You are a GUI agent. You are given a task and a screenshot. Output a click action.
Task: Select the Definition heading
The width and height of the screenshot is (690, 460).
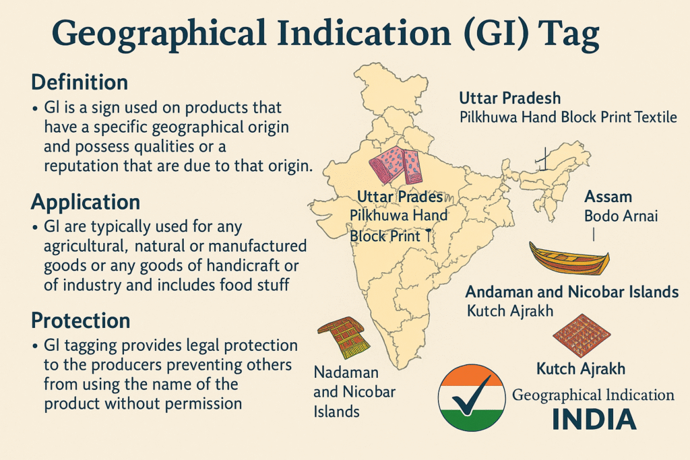[x=80, y=83]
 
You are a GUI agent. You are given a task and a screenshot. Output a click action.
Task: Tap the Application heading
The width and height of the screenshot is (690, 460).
[x=86, y=201]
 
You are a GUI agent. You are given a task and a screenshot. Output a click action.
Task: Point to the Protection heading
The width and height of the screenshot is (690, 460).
[x=81, y=319]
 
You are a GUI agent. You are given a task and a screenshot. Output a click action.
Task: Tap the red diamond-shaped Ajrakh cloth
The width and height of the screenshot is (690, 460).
[x=581, y=334]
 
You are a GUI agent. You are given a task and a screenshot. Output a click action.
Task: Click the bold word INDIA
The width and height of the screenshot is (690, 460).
[x=594, y=418]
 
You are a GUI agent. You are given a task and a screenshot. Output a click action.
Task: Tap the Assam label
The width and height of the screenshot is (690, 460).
[x=608, y=197]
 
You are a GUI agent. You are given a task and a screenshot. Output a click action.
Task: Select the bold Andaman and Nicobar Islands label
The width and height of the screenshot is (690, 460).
[x=571, y=292]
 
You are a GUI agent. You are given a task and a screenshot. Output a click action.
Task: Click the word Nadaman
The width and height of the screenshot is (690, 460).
[x=346, y=372]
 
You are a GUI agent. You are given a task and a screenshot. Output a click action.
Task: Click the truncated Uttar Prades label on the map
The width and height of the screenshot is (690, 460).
[x=400, y=197]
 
